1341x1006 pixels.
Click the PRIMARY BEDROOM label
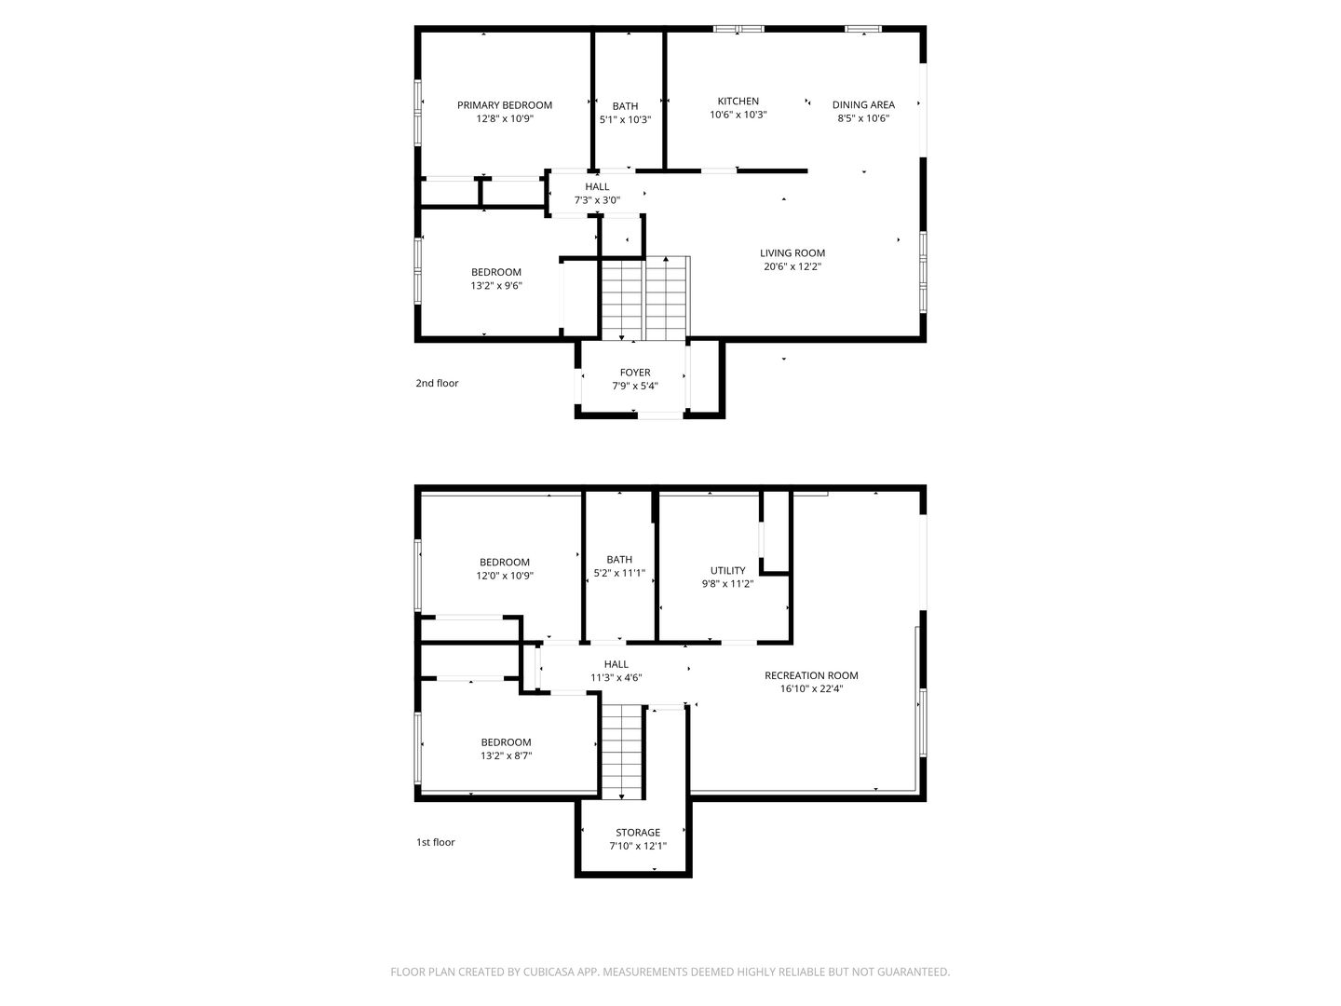[x=505, y=105]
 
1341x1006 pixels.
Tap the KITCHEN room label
[x=738, y=102]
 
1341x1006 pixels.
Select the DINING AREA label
[x=863, y=105]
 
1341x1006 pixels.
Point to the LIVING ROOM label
[x=792, y=252]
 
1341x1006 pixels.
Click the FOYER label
[x=635, y=373]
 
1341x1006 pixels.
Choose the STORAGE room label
[x=638, y=833]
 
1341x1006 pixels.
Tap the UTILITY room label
[x=727, y=570]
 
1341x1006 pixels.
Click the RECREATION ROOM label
[x=811, y=675]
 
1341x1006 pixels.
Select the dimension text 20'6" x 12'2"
[x=792, y=266]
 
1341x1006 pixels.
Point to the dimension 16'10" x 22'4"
[x=811, y=689]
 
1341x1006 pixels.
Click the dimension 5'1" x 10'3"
[x=625, y=120]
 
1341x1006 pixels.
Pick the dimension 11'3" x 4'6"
[x=616, y=677]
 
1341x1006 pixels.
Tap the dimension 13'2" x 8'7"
[x=506, y=755]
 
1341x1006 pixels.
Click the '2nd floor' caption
[x=437, y=383]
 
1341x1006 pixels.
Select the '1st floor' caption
[x=436, y=842]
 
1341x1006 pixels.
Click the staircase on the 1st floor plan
[x=623, y=752]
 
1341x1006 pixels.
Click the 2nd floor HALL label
[x=597, y=187]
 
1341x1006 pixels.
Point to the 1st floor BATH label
[x=619, y=560]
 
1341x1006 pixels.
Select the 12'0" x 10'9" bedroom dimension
[x=505, y=576]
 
